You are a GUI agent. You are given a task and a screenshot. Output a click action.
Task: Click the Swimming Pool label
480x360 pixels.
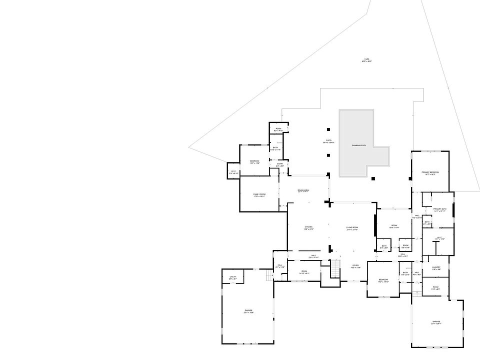[x=359, y=145]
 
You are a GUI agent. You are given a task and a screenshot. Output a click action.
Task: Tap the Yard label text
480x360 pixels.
[x=366, y=60]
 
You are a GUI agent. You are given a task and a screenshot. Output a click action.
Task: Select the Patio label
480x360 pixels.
[x=328, y=141]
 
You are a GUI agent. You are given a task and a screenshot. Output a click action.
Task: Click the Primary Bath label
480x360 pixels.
[x=439, y=209]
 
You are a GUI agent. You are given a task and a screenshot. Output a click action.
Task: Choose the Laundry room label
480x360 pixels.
[x=435, y=268]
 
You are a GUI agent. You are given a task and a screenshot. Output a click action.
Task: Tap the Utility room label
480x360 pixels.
[x=233, y=277]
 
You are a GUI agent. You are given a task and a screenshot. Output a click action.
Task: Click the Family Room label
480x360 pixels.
[x=259, y=195]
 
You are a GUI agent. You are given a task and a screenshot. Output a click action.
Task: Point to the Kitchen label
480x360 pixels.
[x=308, y=228]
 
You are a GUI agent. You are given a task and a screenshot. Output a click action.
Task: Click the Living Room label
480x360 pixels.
[x=352, y=228]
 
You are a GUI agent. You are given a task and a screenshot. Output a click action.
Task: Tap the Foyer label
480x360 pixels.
[x=355, y=266]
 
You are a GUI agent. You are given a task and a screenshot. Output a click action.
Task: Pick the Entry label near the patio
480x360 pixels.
[x=279, y=164]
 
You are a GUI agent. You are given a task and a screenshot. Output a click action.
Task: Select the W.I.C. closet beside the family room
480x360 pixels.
[x=233, y=172]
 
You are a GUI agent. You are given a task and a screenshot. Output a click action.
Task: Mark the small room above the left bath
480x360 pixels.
[x=278, y=129]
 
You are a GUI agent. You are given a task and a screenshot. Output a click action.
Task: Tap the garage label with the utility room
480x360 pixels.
[x=248, y=312]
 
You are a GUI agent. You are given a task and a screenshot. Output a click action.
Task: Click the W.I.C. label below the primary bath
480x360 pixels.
[x=439, y=238]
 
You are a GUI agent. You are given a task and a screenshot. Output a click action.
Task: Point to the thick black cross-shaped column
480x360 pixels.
[x=329, y=202]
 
